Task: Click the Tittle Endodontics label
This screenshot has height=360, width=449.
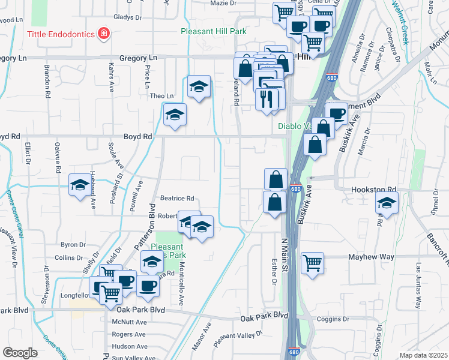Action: [x=61, y=34]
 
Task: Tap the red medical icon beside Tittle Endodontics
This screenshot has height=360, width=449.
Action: [x=104, y=33]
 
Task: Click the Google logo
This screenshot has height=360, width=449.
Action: [x=19, y=353]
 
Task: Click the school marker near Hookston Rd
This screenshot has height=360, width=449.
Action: [x=387, y=204]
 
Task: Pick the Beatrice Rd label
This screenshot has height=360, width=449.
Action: [x=177, y=198]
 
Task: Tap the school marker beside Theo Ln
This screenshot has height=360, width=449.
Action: [x=198, y=88]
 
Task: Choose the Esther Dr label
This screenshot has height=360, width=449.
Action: [x=274, y=271]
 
